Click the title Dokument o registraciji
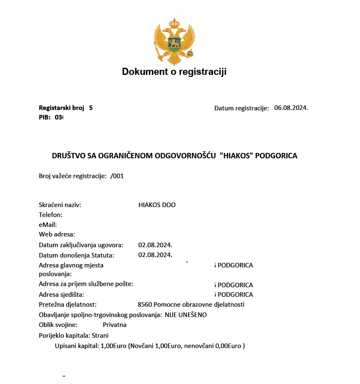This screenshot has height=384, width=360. tap(174, 72)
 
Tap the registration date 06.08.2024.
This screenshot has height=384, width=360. tap(291, 108)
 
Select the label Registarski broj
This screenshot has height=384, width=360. tap(62, 108)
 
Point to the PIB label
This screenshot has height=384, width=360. tap(45, 117)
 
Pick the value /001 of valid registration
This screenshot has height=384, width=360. tap(117, 176)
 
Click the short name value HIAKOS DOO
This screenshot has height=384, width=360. tap(157, 205)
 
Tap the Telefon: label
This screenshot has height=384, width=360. tap(51, 215)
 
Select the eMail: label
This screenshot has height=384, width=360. tap(48, 225)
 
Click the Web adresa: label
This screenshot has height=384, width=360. tap(57, 235)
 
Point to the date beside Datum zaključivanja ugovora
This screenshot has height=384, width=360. tap(155, 245)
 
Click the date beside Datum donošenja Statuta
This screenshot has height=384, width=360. tap(155, 255)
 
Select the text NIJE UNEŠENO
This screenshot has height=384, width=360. tap(185, 315)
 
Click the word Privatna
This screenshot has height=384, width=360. tap(115, 325)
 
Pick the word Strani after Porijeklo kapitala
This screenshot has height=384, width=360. tap(100, 336)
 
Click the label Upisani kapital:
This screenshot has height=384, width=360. tap(77, 346)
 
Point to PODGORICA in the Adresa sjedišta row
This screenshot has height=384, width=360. tap(235, 295)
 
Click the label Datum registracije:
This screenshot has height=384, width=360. tap(242, 108)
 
